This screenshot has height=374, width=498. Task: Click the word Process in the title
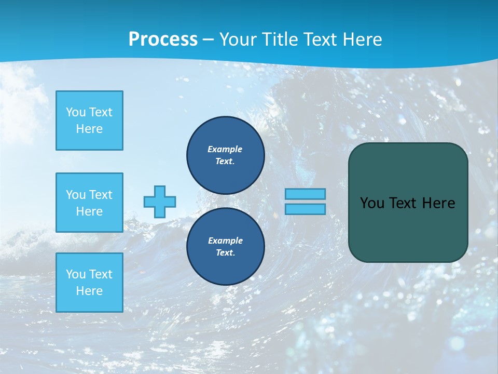coord(163,39)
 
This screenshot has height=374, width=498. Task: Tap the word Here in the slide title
coord(363,39)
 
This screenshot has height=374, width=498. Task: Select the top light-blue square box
coord(89,121)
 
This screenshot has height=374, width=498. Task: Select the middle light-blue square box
coord(89,203)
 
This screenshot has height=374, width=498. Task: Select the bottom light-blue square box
coord(89,283)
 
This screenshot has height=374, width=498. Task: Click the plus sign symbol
coord(160,202)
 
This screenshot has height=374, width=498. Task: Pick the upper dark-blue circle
coord(226,155)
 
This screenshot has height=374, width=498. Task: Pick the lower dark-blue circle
coord(226,247)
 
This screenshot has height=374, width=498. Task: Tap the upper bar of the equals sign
coord(305,194)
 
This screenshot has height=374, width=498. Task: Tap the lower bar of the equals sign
coord(305,209)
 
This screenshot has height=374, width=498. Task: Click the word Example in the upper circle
coord(225,149)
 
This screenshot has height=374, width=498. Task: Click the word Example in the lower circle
coord(225,241)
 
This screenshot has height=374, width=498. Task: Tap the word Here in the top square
coord(89,129)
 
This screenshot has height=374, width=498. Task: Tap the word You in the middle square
coord(75,195)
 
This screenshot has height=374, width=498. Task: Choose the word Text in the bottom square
coord(101,274)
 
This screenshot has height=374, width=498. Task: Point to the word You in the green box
coord(372,203)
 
